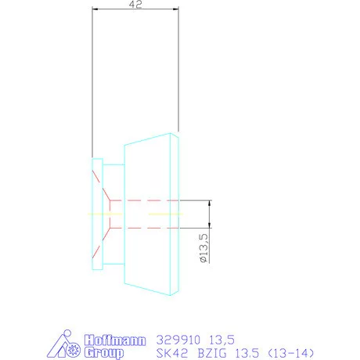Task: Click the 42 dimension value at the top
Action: (x=136, y=4)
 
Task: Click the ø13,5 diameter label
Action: (x=203, y=248)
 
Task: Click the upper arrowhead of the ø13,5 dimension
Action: (x=211, y=202)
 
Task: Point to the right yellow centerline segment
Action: (x=165, y=214)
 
